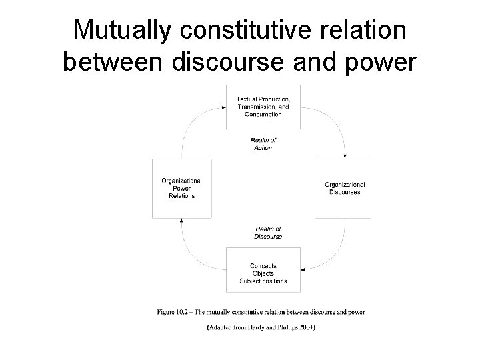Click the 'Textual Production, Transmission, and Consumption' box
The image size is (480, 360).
pyautogui.click(x=263, y=107)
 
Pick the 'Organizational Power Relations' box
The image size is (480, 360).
pyautogui.click(x=182, y=188)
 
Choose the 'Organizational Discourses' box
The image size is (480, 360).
pyautogui.click(x=343, y=188)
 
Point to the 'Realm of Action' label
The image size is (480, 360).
pyautogui.click(x=263, y=143)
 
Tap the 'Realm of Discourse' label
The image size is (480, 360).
pyautogui.click(x=268, y=233)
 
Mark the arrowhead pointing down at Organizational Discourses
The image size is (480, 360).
pyautogui.click(x=345, y=156)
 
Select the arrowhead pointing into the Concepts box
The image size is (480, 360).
pyautogui.click(x=303, y=270)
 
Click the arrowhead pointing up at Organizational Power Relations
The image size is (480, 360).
pyautogui.click(x=182, y=221)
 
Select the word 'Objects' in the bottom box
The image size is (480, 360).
pyautogui.click(x=263, y=273)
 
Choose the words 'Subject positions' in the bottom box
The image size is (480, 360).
pyautogui.click(x=263, y=281)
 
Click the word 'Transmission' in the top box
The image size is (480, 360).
pyautogui.click(x=255, y=107)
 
